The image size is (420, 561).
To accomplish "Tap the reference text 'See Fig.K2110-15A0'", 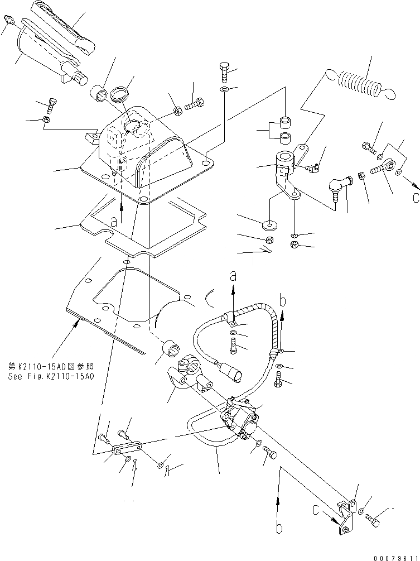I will (x=51, y=376).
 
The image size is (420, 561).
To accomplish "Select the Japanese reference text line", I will (x=50, y=366).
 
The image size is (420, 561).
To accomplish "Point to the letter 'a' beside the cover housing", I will (x=114, y=220).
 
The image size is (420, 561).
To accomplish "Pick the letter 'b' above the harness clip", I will (x=283, y=301).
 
